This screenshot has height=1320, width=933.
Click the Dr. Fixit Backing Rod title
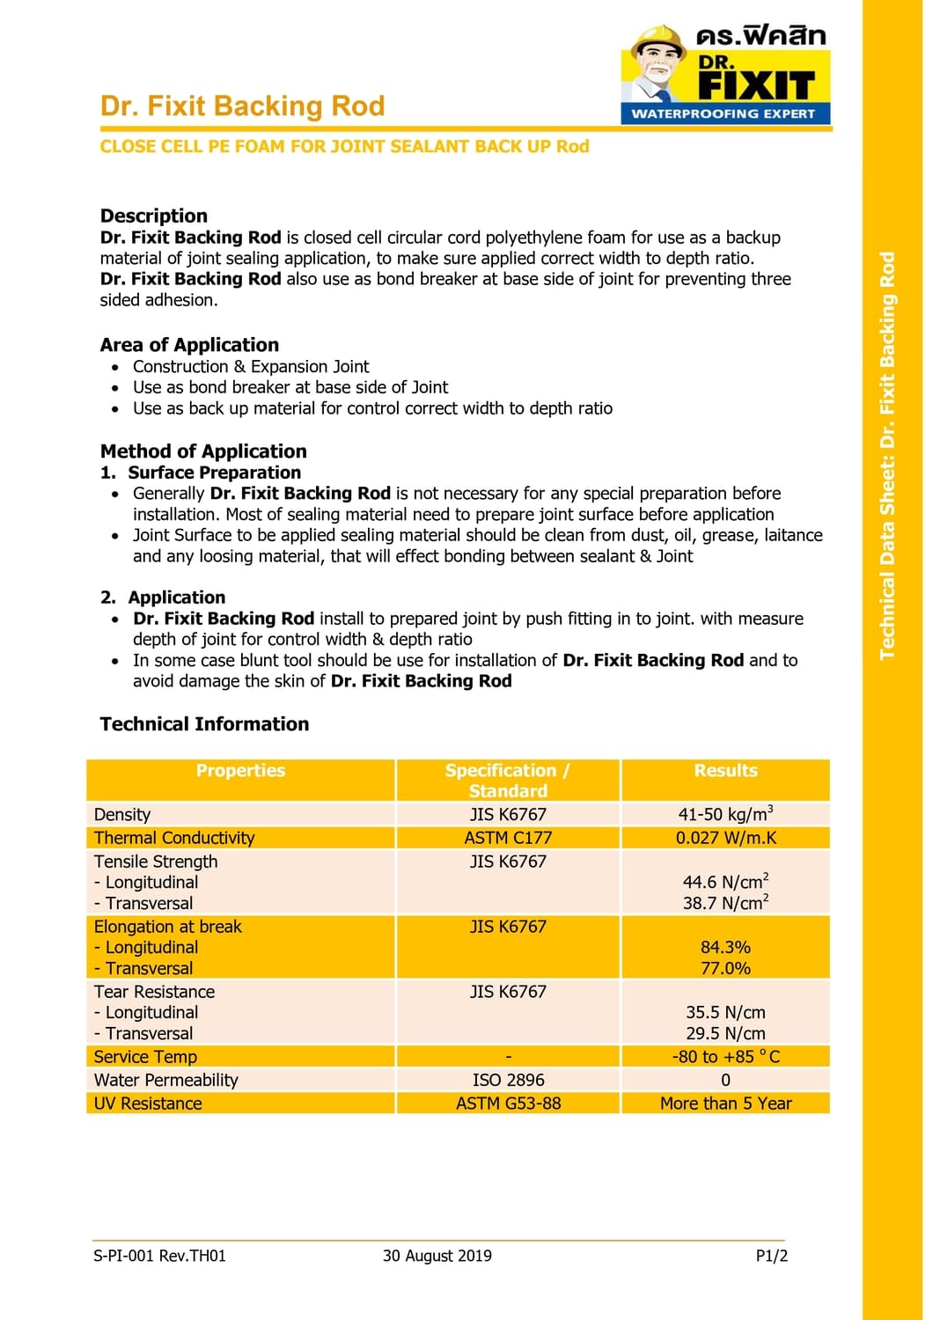[242, 106]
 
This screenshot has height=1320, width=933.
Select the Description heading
[154, 216]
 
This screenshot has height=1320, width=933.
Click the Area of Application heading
[189, 345]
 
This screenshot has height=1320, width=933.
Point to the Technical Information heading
[204, 724]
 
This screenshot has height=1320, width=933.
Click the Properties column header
[240, 771]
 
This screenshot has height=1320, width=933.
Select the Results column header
[725, 771]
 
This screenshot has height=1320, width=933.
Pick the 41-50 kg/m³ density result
[725, 814]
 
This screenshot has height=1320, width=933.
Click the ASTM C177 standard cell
[508, 838]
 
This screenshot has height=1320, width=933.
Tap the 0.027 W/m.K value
[725, 838]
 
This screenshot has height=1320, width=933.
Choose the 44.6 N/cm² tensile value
[725, 882]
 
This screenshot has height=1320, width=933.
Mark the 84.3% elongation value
[725, 948]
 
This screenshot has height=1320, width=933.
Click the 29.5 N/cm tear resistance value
[725, 1034]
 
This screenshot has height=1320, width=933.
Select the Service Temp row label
[145, 1057]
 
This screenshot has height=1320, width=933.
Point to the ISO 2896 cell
[508, 1080]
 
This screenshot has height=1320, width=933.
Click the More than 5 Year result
[725, 1104]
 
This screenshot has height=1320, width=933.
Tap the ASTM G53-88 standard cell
[508, 1104]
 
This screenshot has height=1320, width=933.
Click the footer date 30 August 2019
[437, 1256]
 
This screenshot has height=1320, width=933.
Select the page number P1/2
[771, 1256]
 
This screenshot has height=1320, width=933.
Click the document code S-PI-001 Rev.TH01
[159, 1256]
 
